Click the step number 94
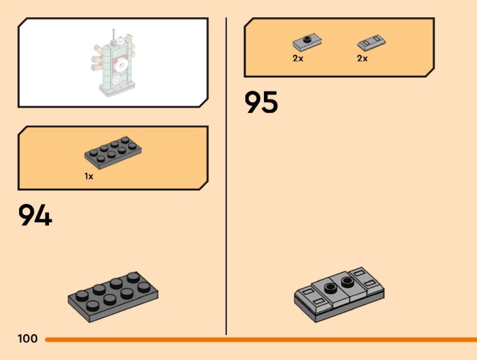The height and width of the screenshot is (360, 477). [35, 215]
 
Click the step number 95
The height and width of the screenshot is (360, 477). [261, 102]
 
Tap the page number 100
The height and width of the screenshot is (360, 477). [28, 338]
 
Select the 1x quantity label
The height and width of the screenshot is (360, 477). [89, 176]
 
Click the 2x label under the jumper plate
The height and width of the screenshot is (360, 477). [298, 59]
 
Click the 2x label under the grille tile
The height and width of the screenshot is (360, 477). [363, 59]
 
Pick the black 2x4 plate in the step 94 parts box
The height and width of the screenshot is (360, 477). [113, 153]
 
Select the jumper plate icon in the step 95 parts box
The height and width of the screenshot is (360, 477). [307, 42]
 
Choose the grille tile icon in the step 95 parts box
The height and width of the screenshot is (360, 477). [372, 42]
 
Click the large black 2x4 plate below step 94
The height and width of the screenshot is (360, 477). [113, 297]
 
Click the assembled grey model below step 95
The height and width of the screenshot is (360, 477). [339, 294]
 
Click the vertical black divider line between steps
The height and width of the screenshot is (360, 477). [226, 176]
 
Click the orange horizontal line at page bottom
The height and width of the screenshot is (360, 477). [261, 339]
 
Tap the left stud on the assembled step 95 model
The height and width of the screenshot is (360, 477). [330, 287]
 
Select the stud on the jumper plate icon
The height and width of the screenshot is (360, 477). [308, 39]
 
